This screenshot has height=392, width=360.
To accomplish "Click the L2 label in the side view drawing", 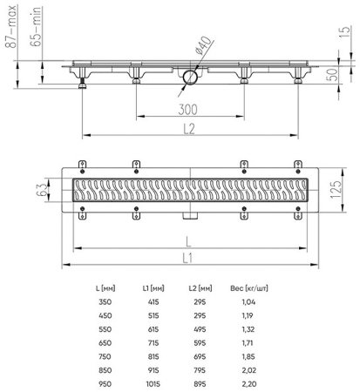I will (x=189, y=126).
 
